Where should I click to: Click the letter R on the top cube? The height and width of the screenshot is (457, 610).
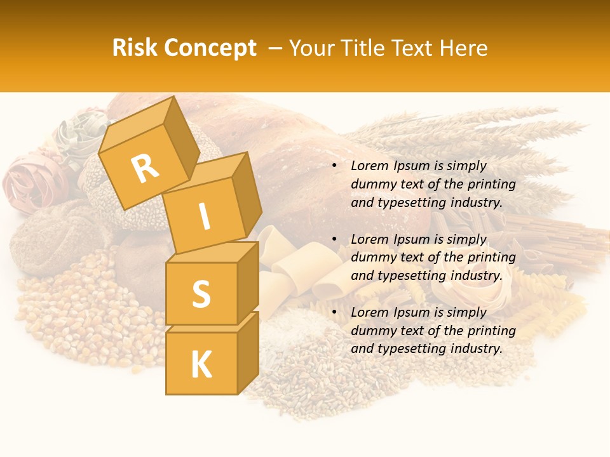point(145,168)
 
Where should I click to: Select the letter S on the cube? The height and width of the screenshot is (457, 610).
point(201,293)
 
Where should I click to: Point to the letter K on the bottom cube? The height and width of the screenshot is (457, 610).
point(201,365)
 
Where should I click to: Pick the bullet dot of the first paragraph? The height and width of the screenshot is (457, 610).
point(335,166)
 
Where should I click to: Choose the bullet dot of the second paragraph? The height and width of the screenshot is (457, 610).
point(335,240)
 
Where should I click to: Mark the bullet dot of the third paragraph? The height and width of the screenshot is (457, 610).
point(335,313)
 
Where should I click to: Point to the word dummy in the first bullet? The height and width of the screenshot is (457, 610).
point(371,184)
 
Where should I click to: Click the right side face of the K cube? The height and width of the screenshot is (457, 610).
point(248,352)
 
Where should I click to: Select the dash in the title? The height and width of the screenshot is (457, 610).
point(276,48)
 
